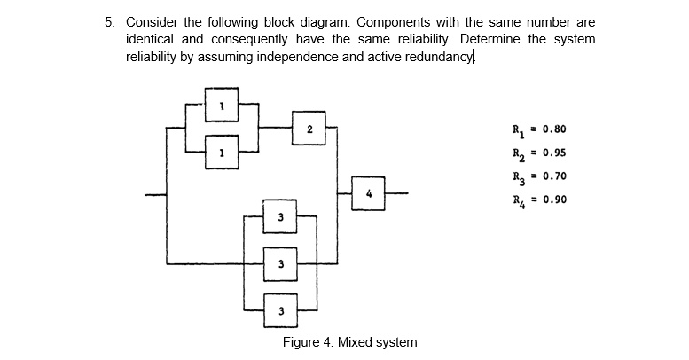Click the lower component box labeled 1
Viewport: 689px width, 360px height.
(222, 152)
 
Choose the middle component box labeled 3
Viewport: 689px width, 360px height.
(281, 263)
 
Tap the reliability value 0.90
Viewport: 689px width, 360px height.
(550, 200)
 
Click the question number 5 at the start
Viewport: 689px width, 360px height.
(109, 21)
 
